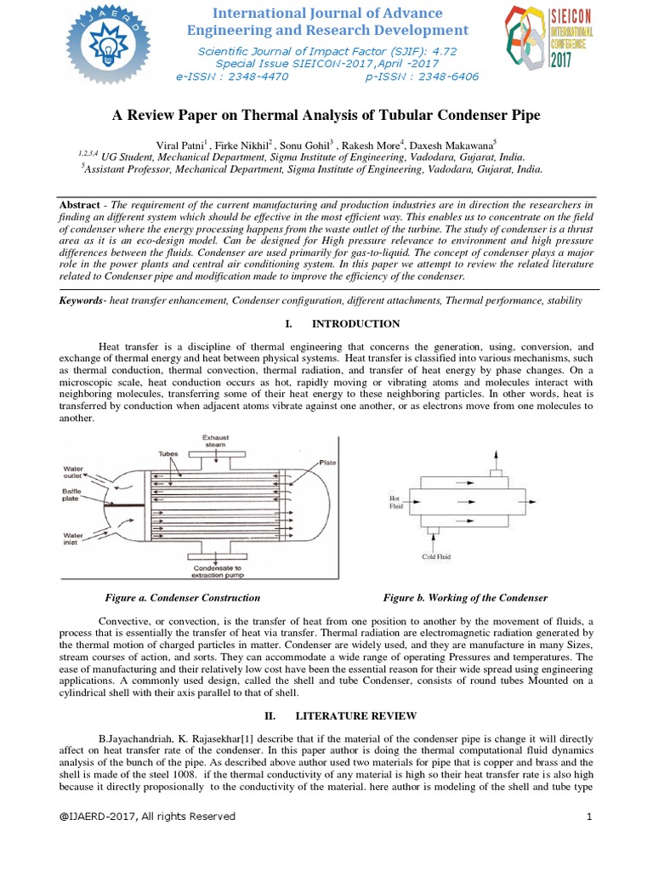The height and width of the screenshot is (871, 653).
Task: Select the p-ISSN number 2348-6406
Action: (x=446, y=77)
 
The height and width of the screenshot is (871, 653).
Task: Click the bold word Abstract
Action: (x=79, y=207)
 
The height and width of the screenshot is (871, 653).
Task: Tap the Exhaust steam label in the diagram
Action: (x=216, y=441)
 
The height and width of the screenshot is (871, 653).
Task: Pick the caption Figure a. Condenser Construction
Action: (x=182, y=598)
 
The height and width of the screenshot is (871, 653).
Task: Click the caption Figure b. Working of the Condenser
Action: (x=465, y=598)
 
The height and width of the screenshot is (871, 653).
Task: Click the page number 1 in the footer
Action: (x=588, y=817)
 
